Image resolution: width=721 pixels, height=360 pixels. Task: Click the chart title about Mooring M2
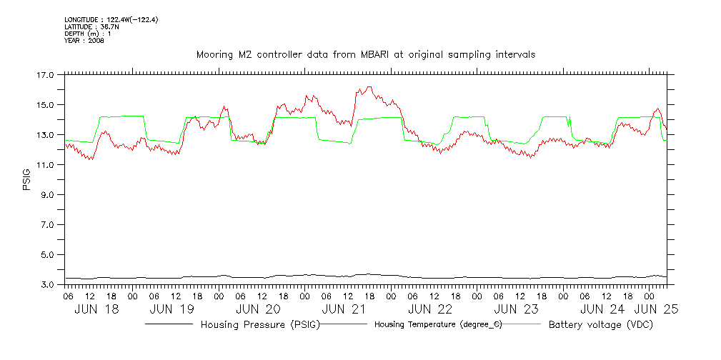(366, 54)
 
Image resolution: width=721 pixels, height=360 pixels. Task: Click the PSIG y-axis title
(27, 179)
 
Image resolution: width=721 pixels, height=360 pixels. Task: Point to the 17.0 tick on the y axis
(45, 74)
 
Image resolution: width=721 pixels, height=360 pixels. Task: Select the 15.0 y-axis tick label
(45, 104)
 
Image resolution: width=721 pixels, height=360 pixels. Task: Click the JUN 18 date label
(98, 310)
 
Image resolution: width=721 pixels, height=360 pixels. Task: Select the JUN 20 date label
(258, 310)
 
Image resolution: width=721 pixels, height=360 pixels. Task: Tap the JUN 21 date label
(345, 310)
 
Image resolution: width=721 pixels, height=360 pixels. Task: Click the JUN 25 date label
(657, 310)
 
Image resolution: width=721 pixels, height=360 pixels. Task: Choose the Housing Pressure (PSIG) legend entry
(259, 325)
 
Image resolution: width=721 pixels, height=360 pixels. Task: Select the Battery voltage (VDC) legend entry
(600, 325)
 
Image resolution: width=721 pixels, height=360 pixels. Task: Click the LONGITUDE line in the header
(111, 20)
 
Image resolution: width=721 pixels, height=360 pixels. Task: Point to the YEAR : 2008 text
(84, 41)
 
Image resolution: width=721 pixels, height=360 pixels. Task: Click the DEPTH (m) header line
(87, 34)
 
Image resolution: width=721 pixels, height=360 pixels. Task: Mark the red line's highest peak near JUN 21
(369, 87)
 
